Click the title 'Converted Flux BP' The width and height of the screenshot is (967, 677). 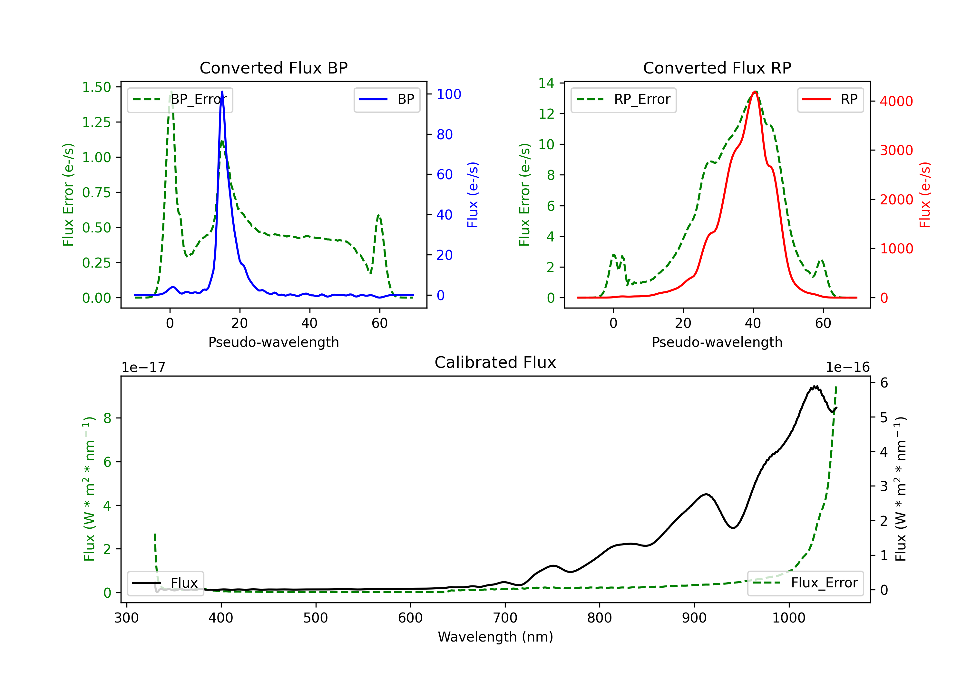274,68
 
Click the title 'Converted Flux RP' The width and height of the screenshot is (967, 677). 717,68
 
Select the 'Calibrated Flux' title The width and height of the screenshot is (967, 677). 495,362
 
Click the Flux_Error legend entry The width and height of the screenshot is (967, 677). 805,583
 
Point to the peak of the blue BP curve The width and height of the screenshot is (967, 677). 222,92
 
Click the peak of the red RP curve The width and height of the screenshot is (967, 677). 755,92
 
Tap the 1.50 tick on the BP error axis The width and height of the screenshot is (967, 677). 96,87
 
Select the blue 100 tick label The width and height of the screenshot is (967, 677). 449,94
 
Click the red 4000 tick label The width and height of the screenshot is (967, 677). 896,101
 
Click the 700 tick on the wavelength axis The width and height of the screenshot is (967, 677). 505,618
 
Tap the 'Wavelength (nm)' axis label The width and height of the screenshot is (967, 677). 495,637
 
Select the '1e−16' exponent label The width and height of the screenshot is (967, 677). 847,368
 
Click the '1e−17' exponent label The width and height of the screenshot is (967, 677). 144,368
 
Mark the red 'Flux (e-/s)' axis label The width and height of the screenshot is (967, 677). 925,195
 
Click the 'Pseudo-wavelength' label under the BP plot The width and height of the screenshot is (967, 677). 274,342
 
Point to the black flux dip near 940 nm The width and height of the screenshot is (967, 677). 733,527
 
